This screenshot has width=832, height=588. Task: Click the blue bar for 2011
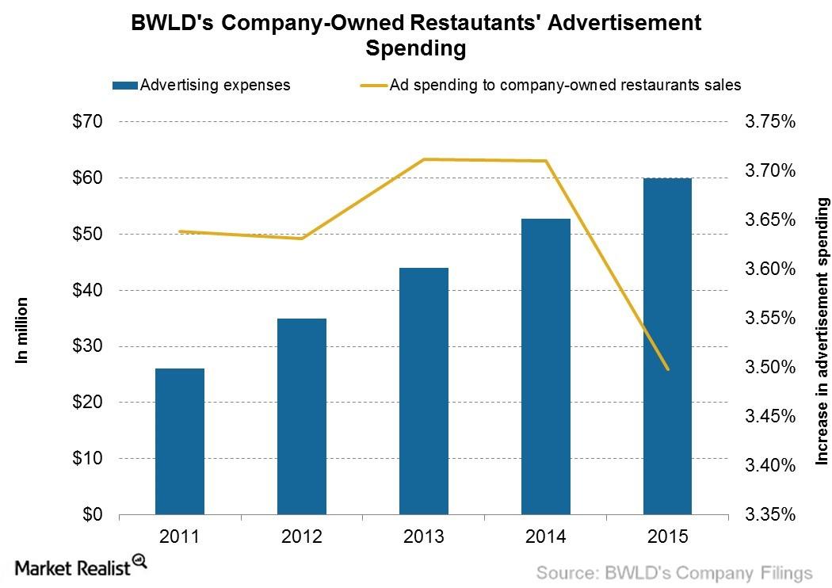pos(180,441)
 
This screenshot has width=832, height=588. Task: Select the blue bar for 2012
pos(302,416)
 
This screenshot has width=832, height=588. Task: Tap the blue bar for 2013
pos(424,391)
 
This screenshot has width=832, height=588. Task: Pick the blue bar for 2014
pos(546,366)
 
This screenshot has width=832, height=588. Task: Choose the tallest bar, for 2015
pos(667,346)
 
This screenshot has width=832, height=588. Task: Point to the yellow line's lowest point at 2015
pos(668,369)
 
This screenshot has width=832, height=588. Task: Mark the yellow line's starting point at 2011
pos(180,231)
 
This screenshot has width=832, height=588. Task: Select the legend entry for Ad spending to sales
pos(564,85)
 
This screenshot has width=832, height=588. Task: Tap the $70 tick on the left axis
pos(89,122)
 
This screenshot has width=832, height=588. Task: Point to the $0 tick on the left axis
pos(94,514)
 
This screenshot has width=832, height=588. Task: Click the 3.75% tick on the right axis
pos(767,122)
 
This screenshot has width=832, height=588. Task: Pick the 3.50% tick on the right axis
pos(767,368)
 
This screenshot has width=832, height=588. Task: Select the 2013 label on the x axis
pos(424,536)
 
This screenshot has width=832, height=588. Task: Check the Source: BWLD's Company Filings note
pos(675,572)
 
